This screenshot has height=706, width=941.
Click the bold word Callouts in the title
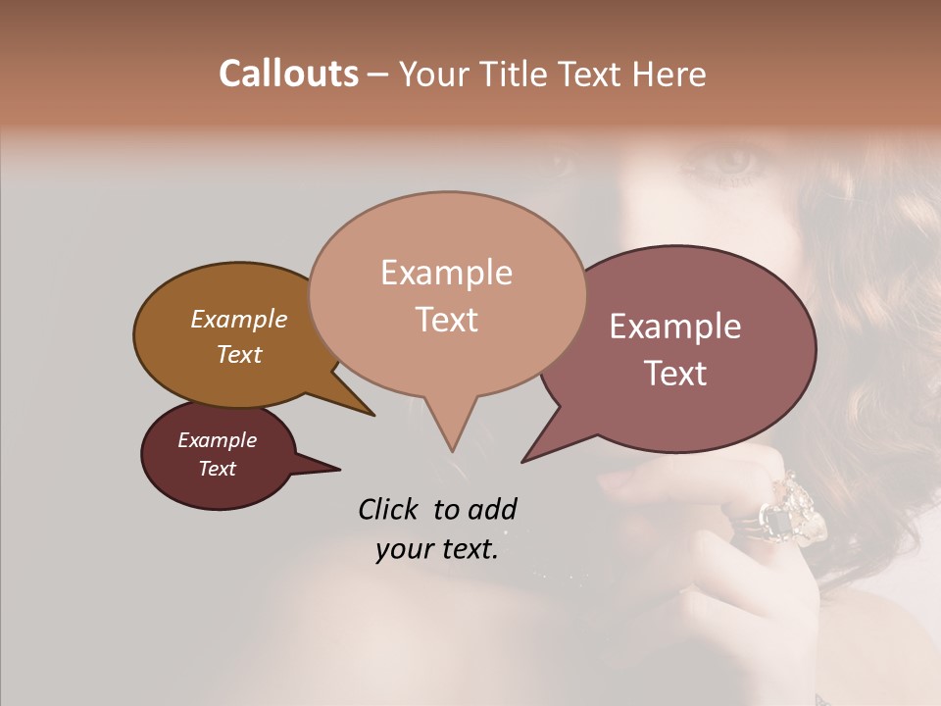click(x=288, y=74)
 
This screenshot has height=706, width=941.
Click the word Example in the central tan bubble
click(x=446, y=273)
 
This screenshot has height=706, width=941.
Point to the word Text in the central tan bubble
click(x=446, y=320)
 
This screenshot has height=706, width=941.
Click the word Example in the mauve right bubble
click(x=675, y=327)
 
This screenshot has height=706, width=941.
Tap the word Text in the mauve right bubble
click(x=675, y=374)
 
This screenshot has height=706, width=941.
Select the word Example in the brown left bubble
click(x=238, y=320)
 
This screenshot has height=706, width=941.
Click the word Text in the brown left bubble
click(x=238, y=354)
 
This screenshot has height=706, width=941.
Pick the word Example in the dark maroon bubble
click(x=217, y=440)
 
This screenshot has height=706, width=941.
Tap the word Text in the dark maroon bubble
click(x=217, y=469)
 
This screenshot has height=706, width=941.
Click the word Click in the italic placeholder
click(x=389, y=509)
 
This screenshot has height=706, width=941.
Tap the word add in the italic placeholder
click(x=492, y=509)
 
